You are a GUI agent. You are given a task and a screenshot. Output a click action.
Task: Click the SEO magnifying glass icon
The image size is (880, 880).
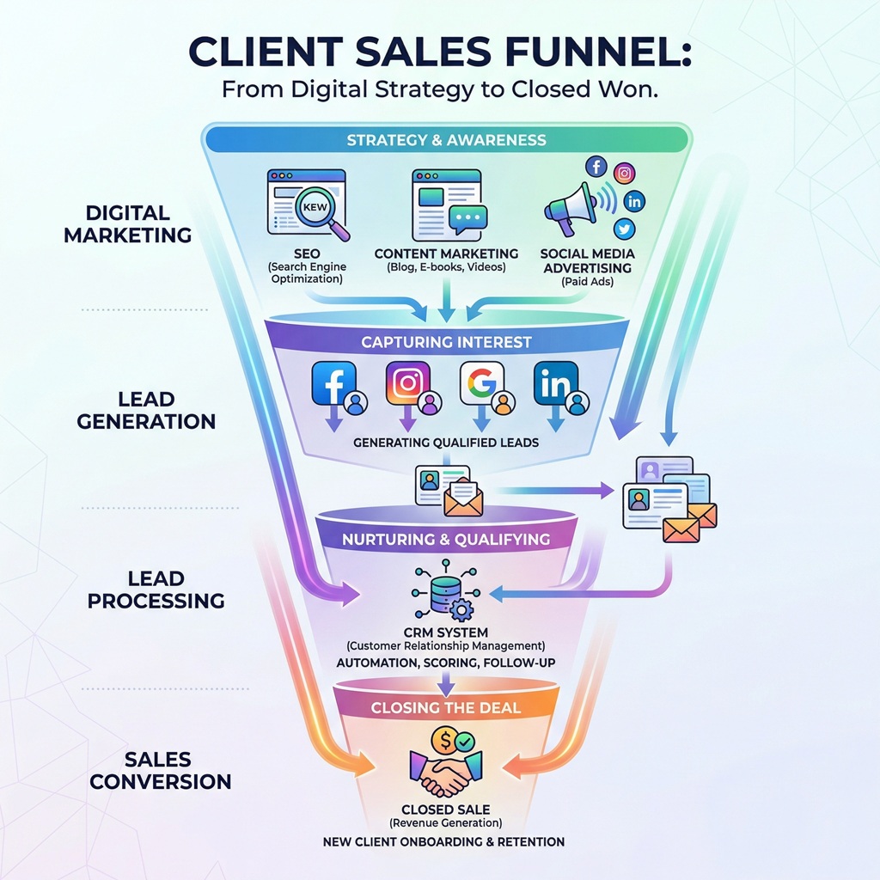[321, 210]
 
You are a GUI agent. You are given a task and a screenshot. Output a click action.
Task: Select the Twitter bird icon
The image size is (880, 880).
[625, 229]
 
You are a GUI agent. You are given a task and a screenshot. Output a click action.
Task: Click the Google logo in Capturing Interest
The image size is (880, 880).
[480, 383]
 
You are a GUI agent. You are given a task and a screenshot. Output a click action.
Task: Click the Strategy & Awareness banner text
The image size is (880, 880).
[446, 140]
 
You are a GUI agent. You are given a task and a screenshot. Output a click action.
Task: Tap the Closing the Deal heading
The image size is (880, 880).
[445, 708]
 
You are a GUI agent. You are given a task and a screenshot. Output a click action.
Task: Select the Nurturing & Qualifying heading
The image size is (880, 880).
[445, 540]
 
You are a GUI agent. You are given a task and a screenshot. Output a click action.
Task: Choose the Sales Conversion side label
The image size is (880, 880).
[161, 770]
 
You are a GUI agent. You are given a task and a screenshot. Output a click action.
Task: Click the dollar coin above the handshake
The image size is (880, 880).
[444, 738]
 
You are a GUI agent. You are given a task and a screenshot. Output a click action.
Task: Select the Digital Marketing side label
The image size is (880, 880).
[127, 223]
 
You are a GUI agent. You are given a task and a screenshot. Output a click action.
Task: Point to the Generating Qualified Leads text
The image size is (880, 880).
[446, 443]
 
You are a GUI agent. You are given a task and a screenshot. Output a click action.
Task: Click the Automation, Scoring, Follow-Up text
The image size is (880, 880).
[445, 663]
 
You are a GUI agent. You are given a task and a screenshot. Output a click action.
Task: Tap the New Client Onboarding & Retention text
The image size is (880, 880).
[444, 841]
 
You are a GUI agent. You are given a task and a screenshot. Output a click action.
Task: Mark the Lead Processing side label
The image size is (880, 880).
[156, 590]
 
